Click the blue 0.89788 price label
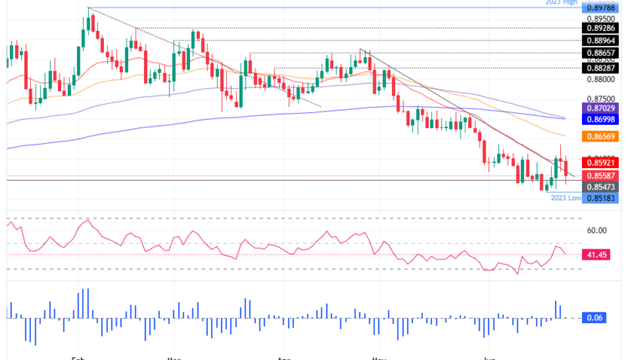(x=601, y=8)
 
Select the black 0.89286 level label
(x=601, y=28)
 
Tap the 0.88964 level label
(x=601, y=39)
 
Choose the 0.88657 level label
(x=601, y=52)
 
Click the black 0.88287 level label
(x=601, y=68)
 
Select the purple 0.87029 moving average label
(x=601, y=110)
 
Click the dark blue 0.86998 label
(x=601, y=122)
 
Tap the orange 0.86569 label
(x=601, y=136)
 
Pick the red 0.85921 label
(x=601, y=162)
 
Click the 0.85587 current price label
(x=601, y=176)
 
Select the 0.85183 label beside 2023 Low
(x=601, y=198)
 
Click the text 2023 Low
(x=566, y=198)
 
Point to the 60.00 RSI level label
(x=597, y=230)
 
